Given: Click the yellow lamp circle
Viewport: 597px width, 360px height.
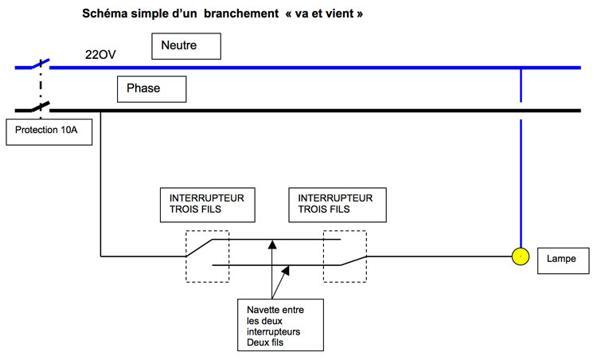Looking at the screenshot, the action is [520, 256].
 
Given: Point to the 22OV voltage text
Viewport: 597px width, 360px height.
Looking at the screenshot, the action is [100, 55].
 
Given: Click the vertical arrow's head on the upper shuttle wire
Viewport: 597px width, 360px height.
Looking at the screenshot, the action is [272, 244].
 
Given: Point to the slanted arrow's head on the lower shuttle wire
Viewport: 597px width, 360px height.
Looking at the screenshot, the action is [285, 270].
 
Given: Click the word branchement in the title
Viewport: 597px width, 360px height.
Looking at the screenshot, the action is [241, 14].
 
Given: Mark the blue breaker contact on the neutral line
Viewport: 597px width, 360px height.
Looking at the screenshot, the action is [41, 64].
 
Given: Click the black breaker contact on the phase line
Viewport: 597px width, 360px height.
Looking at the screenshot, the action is [41, 106].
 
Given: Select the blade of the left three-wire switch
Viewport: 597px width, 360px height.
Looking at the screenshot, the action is [199, 248].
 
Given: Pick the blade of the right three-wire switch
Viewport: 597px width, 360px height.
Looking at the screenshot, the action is [353, 260].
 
